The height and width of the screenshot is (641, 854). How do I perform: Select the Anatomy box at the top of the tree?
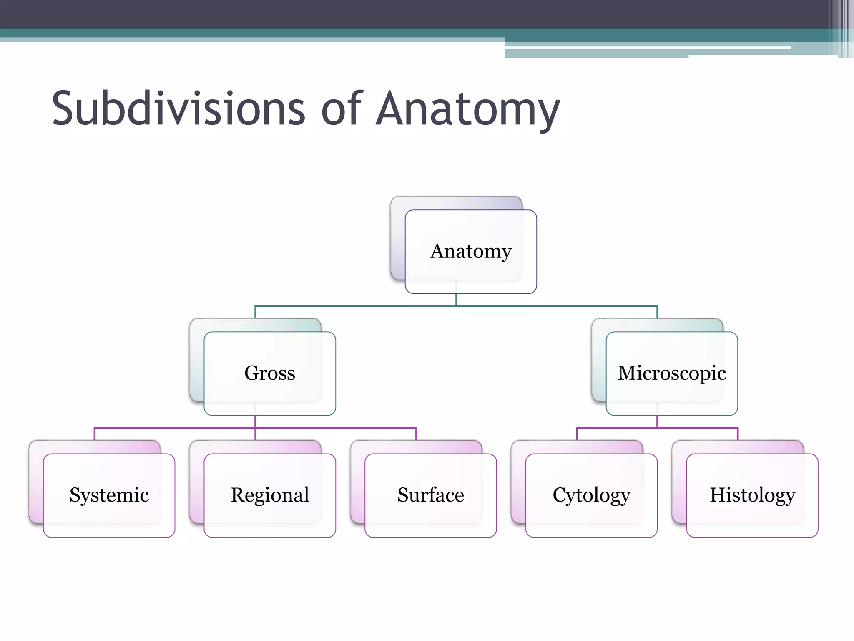point(470,251)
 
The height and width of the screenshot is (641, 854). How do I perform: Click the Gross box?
point(269,373)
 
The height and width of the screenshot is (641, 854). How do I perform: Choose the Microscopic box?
point(671,373)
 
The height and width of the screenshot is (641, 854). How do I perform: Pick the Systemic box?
point(109,495)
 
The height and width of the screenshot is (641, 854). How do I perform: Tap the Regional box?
point(269,495)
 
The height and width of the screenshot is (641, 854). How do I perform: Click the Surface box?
point(430,495)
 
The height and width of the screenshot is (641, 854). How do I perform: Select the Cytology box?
point(591,495)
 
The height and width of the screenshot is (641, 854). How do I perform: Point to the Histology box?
point(752,495)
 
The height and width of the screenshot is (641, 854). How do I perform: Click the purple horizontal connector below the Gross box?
point(175,428)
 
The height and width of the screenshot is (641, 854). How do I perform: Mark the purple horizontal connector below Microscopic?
point(617,428)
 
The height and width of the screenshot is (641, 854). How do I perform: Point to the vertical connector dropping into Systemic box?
point(95,434)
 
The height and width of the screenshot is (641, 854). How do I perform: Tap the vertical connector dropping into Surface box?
point(416,434)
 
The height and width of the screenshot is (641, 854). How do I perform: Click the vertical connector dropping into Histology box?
point(738,434)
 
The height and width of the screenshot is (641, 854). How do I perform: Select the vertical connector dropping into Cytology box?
point(577,434)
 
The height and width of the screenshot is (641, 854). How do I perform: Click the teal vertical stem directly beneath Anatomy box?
point(456,300)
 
